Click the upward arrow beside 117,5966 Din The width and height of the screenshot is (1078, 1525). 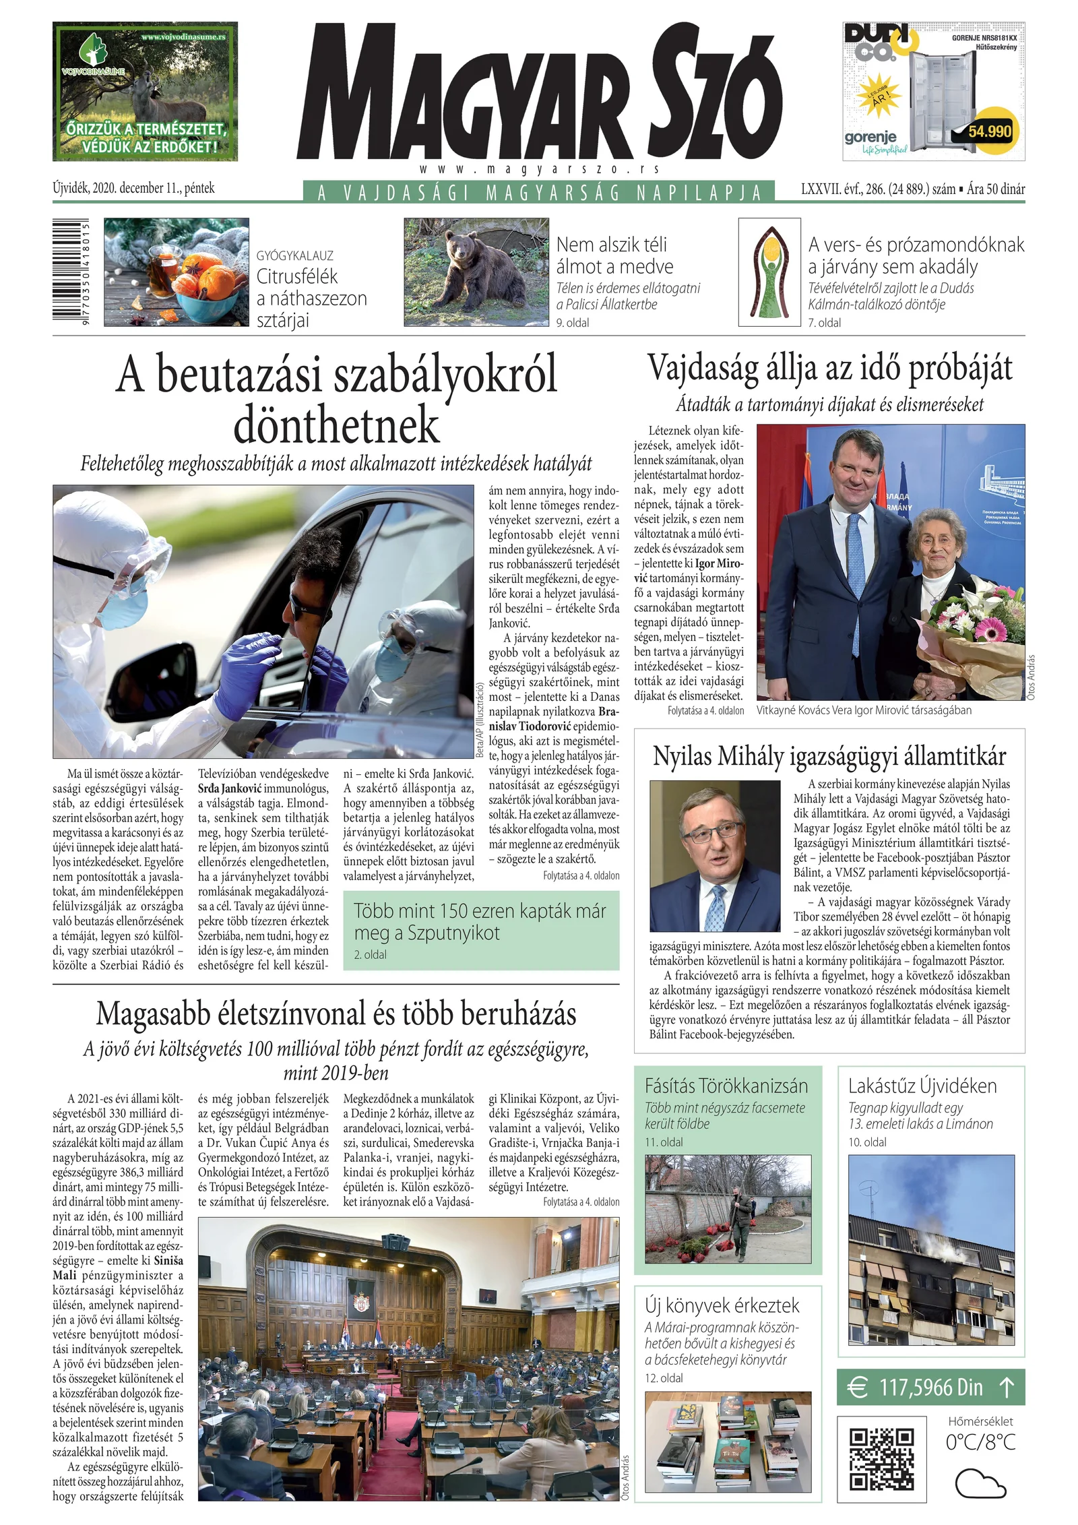click(1006, 1387)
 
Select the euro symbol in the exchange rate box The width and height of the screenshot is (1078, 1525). click(857, 1388)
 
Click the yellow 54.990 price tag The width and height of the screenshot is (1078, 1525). click(989, 131)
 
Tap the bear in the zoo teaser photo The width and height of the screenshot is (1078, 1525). click(482, 275)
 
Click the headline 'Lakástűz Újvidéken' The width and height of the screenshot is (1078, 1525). click(922, 1086)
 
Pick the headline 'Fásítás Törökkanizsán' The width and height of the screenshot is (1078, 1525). click(726, 1086)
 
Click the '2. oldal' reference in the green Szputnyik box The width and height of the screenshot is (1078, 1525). click(370, 954)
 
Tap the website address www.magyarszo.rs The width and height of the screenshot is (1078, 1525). click(539, 170)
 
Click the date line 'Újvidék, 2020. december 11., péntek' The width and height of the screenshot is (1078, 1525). click(133, 188)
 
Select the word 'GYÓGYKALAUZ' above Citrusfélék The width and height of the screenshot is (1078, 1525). click(294, 255)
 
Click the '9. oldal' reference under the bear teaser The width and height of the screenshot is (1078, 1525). click(572, 323)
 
